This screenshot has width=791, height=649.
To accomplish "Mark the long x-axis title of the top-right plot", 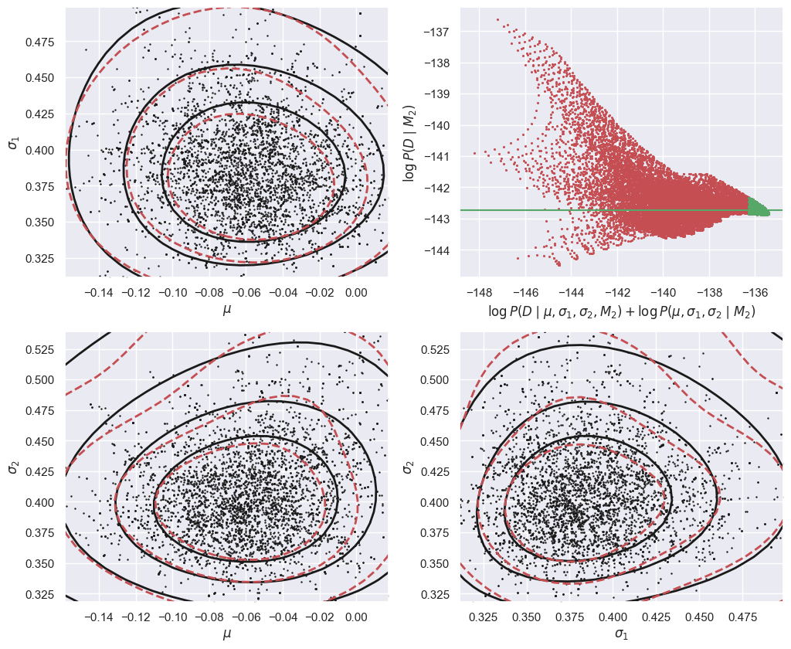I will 621,312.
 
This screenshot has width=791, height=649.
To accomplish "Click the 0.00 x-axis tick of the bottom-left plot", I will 356,618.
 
